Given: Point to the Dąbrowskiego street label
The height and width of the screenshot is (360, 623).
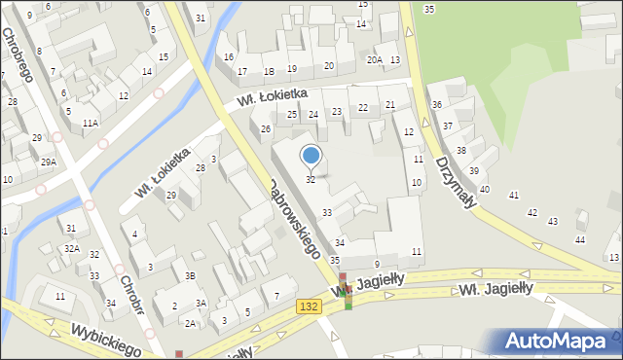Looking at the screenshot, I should click(295, 217).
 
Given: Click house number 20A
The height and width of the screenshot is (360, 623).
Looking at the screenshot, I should click(374, 60).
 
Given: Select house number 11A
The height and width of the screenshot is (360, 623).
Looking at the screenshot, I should click(90, 124).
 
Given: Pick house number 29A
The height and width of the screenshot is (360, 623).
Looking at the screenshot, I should click(48, 162).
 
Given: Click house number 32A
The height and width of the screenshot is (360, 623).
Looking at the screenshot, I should click(72, 249).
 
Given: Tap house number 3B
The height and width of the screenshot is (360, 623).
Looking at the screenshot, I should click(191, 276).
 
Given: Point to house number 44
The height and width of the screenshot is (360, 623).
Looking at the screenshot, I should click(580, 239).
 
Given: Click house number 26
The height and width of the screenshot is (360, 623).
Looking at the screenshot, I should click(265, 129).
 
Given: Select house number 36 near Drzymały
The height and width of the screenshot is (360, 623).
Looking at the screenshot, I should click(437, 105).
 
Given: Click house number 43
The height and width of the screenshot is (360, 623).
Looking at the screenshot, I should click(553, 222).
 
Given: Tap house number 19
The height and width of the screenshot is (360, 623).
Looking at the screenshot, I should click(292, 69).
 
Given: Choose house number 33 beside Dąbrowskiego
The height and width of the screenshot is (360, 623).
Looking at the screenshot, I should click(327, 212).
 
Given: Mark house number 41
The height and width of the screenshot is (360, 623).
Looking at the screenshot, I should click(514, 196).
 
